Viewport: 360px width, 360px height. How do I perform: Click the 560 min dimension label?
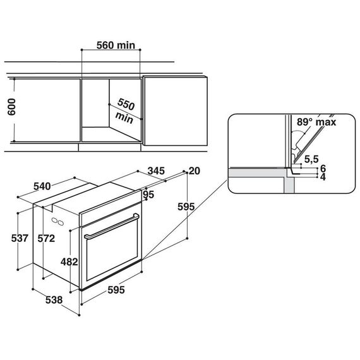[x=116, y=45]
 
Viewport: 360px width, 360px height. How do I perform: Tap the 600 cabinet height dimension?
[x=11, y=107]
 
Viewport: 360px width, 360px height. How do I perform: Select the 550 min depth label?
[x=125, y=111]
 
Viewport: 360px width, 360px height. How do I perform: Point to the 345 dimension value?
[x=156, y=171]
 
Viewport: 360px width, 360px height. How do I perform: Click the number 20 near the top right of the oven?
[x=195, y=171]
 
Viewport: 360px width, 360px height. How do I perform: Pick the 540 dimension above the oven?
[x=42, y=186]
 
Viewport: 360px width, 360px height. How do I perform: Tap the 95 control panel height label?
[x=148, y=195]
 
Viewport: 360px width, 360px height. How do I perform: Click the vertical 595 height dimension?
[x=186, y=207]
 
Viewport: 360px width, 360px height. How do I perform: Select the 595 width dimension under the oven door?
[x=116, y=290]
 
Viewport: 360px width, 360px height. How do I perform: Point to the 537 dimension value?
[x=20, y=238]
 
